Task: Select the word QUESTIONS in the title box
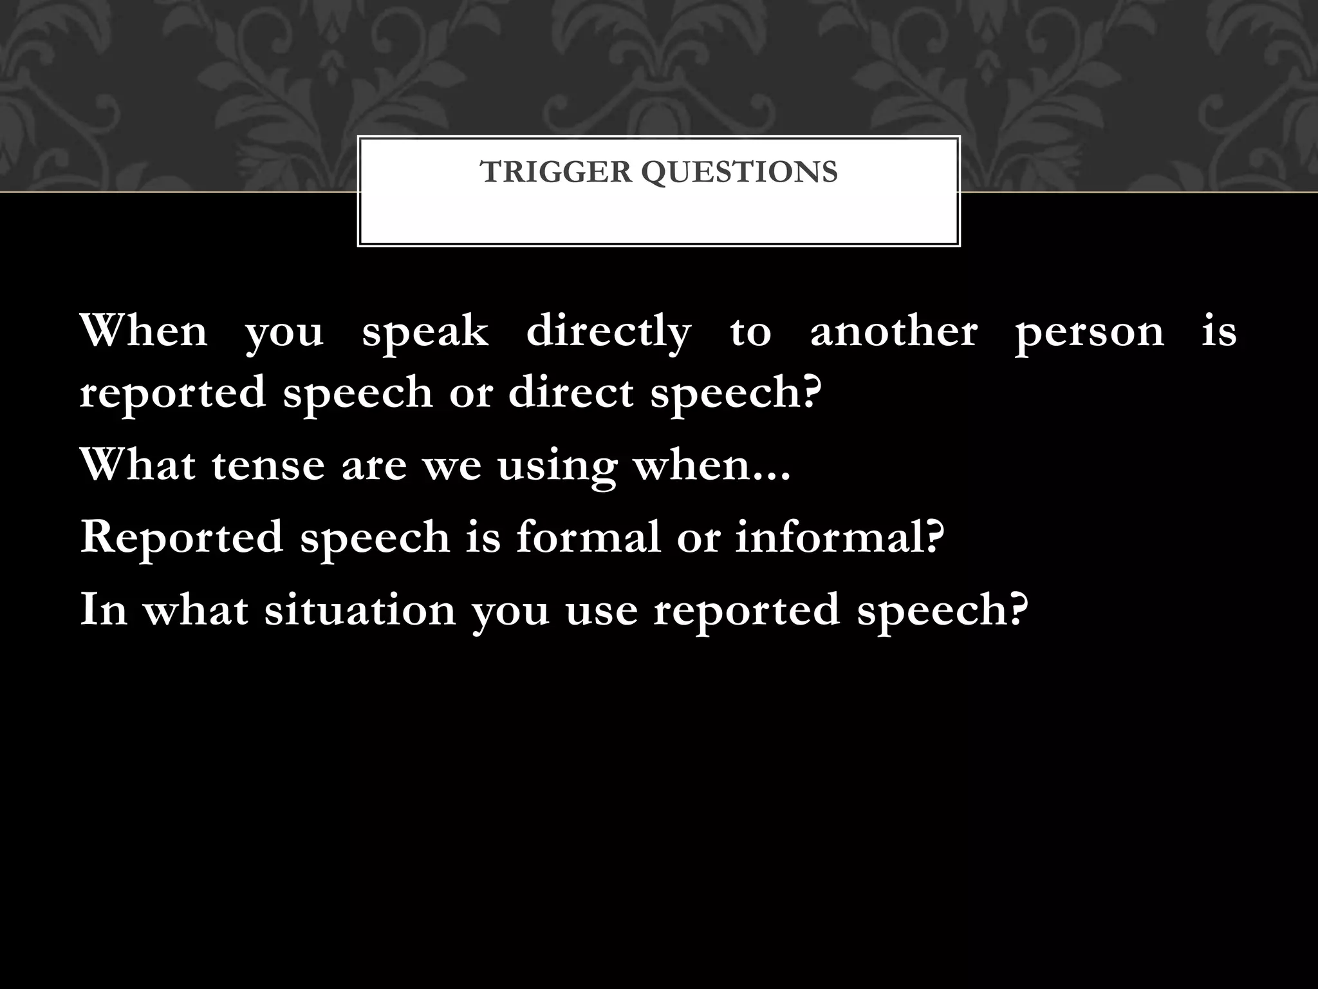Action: click(739, 173)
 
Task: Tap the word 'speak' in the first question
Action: click(425, 333)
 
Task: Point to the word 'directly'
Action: click(608, 333)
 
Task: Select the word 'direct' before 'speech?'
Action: click(570, 392)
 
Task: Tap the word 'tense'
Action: click(268, 465)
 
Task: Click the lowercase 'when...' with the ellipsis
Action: click(712, 465)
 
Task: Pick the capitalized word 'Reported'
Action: click(181, 537)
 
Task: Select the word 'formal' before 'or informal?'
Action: click(588, 536)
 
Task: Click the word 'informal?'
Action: click(840, 536)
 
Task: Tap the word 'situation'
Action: click(360, 609)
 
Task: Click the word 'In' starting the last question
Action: click(103, 609)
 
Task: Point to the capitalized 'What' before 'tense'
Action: click(138, 465)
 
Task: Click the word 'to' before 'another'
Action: click(750, 333)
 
